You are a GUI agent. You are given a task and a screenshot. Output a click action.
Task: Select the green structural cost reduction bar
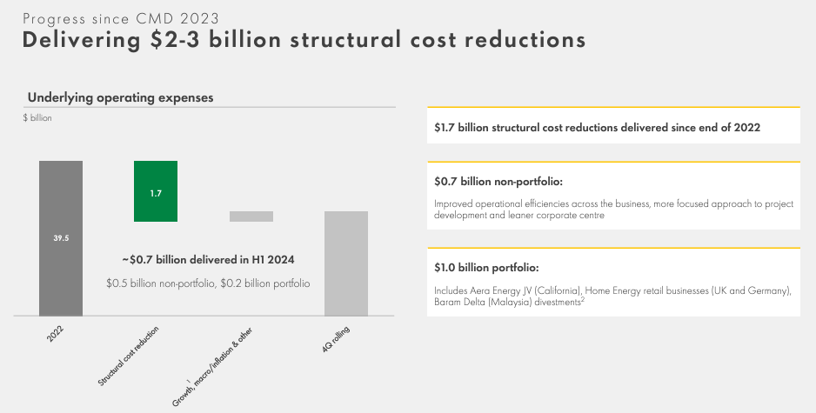[x=156, y=191]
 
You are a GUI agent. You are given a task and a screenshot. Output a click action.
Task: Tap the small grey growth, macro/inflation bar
[x=251, y=216]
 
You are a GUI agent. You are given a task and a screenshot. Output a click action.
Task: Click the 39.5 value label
[x=60, y=236]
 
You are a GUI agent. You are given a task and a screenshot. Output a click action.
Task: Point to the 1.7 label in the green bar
[x=156, y=193]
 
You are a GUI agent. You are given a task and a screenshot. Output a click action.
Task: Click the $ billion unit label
[x=37, y=118]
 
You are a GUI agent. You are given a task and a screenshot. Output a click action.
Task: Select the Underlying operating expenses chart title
[x=120, y=98]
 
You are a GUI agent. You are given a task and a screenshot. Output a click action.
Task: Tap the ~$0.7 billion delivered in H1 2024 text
[x=209, y=259]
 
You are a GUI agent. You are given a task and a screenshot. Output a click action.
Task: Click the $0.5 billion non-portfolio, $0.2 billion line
[x=208, y=283]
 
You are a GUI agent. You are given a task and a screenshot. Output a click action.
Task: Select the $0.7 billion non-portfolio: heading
[x=498, y=183]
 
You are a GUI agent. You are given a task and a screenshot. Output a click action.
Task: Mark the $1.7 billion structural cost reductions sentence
[x=598, y=127]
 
